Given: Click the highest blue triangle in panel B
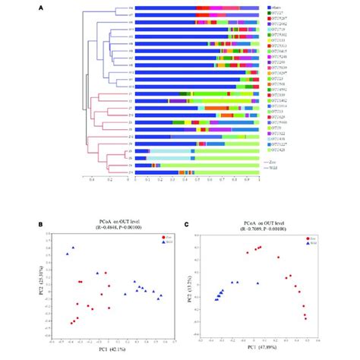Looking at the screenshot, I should [x=73, y=248].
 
